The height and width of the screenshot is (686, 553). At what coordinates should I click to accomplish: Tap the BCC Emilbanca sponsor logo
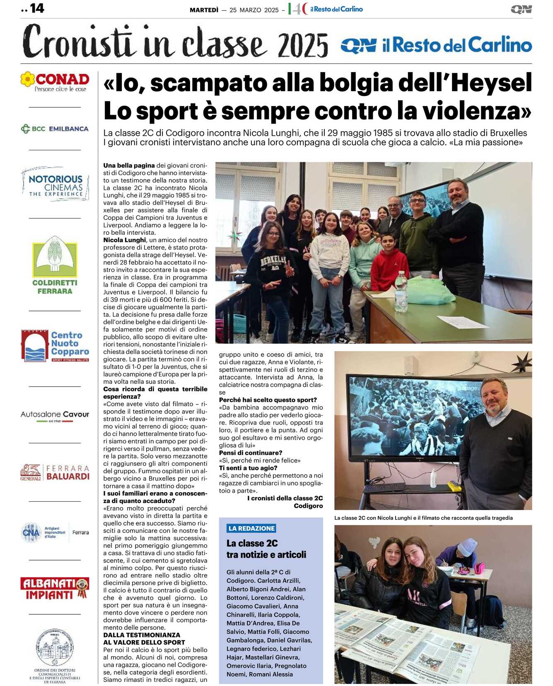pyautogui.click(x=55, y=129)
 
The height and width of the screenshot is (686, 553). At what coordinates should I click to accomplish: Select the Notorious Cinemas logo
pyautogui.click(x=56, y=184)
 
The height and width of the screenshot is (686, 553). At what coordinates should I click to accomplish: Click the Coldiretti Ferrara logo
pyautogui.click(x=55, y=265)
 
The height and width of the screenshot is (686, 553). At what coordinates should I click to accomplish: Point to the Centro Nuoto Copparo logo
pyautogui.click(x=55, y=346)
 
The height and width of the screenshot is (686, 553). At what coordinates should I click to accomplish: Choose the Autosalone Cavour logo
pyautogui.click(x=55, y=415)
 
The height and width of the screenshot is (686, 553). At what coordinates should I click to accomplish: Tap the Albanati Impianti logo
pyautogui.click(x=55, y=589)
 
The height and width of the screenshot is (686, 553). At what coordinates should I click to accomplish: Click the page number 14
pyautogui.click(x=37, y=8)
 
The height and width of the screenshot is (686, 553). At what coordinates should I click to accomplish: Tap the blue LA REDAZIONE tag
pyautogui.click(x=251, y=528)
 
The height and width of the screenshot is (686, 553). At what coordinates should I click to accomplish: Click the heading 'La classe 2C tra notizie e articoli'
pyautogui.click(x=266, y=549)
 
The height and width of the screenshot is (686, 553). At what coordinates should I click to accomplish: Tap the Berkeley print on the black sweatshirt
pyautogui.click(x=273, y=262)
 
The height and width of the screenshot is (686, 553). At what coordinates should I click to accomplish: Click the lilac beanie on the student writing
pyautogui.click(x=467, y=546)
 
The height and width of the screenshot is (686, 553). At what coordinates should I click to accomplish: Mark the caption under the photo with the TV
pyautogui.click(x=423, y=518)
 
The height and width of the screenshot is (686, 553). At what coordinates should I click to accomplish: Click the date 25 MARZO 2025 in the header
pyautogui.click(x=254, y=10)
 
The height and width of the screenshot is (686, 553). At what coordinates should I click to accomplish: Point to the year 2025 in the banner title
pyautogui.click(x=303, y=45)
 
